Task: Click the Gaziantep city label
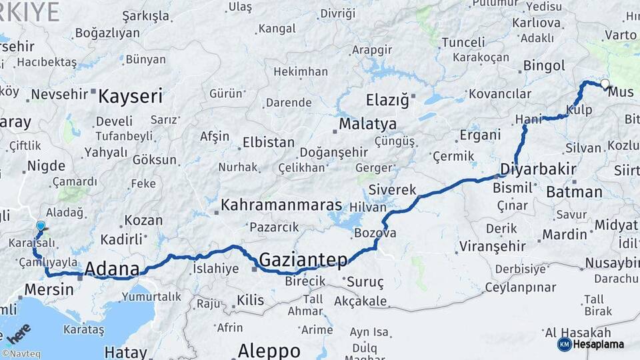click(303, 259)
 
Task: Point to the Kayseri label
click(130, 97)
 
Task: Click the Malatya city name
click(367, 124)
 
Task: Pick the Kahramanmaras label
click(281, 205)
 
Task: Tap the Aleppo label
click(269, 351)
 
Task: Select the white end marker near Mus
click(605, 84)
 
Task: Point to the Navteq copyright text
click(21, 354)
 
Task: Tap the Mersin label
click(49, 289)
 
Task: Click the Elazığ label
click(387, 101)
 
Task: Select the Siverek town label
click(392, 189)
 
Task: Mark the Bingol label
click(544, 65)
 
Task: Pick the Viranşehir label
click(489, 247)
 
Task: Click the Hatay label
click(126, 351)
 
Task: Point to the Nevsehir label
click(59, 94)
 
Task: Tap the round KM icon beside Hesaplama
click(565, 344)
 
